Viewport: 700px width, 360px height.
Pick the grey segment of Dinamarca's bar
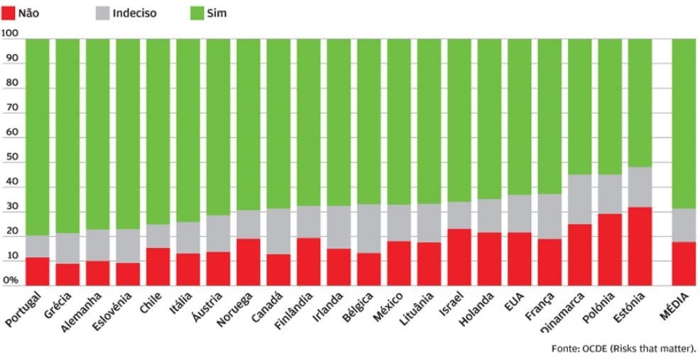[579, 200]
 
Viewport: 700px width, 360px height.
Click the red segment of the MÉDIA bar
[684, 263]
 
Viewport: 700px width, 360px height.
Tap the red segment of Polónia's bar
[609, 249]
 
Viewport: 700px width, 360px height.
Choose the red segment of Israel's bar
[459, 256]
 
